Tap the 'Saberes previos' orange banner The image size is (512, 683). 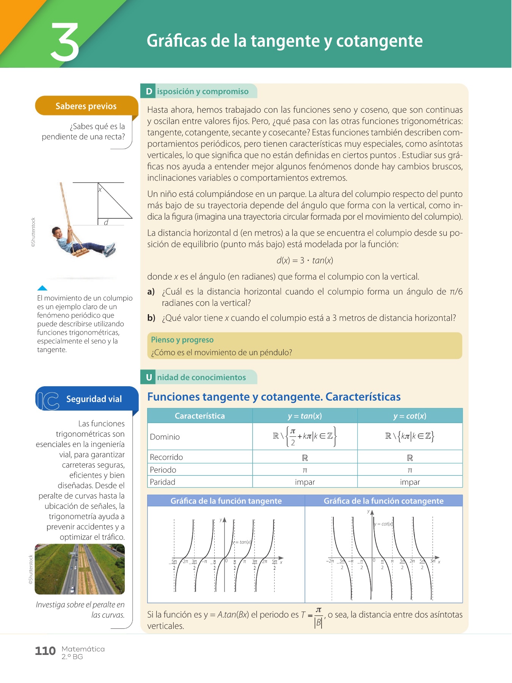86,106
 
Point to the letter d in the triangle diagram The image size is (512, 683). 106,222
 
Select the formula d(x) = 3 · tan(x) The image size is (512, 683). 305,260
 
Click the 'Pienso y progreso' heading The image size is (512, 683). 182,340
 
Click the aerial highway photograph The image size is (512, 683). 80,569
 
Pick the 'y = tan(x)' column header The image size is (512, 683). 305,416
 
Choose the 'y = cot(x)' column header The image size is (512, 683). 410,416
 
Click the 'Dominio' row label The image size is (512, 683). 165,437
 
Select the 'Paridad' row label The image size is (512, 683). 162,482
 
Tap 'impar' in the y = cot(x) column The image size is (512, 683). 410,482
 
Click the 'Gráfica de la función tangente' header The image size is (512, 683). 226,501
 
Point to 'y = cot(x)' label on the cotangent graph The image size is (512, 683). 383,524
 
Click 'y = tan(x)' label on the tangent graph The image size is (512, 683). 242,542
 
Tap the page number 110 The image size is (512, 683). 45,651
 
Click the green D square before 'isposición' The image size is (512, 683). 149,91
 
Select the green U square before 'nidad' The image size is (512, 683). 149,377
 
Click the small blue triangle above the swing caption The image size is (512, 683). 42,288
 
